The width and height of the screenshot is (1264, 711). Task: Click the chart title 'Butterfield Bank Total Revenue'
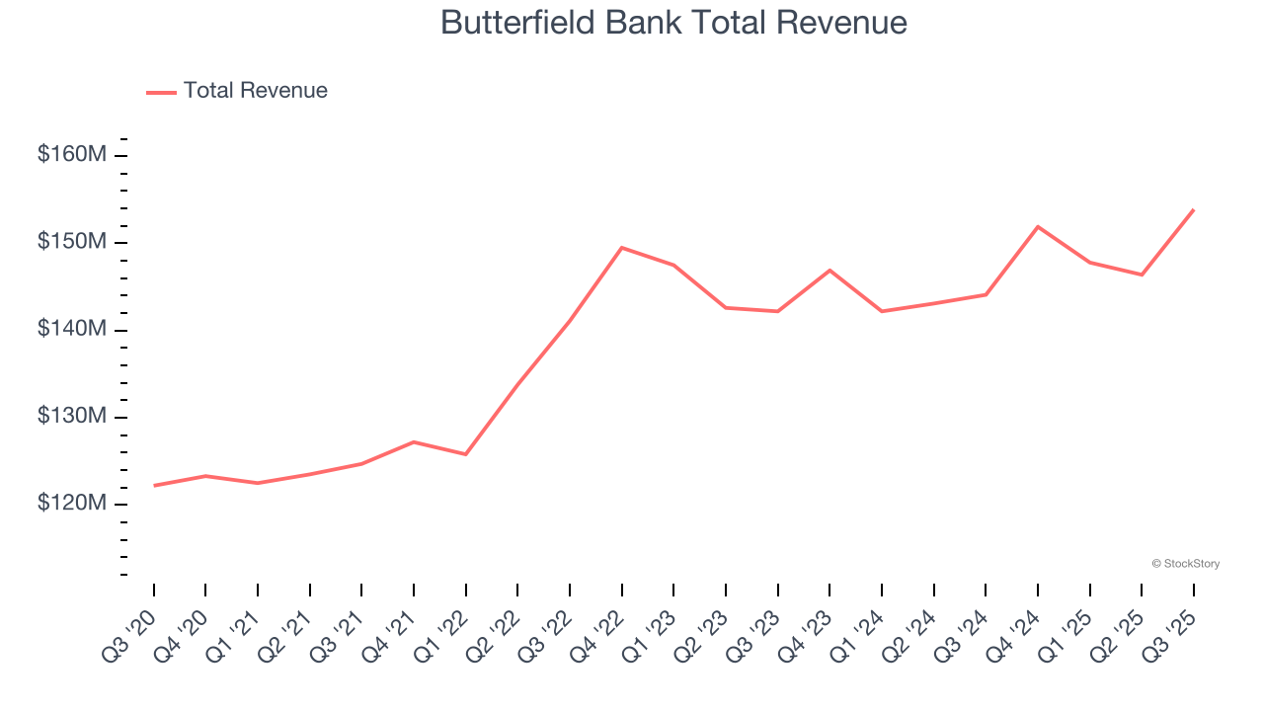(673, 22)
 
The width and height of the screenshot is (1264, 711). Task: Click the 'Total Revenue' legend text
(255, 91)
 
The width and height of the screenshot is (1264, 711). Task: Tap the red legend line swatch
(161, 92)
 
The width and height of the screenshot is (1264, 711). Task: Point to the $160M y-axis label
(71, 155)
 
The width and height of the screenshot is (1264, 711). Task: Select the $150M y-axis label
(71, 242)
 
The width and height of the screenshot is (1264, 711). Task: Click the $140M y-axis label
(71, 329)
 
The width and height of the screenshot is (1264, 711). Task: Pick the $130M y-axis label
(71, 416)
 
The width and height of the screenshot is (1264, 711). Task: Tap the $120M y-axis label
(71, 503)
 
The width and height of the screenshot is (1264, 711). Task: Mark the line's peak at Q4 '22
(621, 248)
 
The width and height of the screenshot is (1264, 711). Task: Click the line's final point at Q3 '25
(1193, 209)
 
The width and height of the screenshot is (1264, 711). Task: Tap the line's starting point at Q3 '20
(154, 485)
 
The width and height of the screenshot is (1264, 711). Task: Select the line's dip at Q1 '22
(465, 454)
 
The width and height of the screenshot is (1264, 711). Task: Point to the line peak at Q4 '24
(1038, 227)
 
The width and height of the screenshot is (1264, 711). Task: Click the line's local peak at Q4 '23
(829, 270)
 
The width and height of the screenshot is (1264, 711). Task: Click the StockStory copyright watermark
(1185, 564)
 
